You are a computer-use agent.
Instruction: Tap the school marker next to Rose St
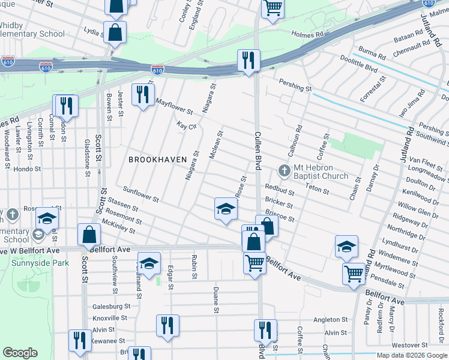tap(226, 208)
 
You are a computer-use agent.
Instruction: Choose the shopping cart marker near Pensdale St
tap(354, 273)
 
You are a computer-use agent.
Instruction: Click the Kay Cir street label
tap(187, 126)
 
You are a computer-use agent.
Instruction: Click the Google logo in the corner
tap(20, 353)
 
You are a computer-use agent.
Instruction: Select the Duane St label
tap(215, 300)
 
